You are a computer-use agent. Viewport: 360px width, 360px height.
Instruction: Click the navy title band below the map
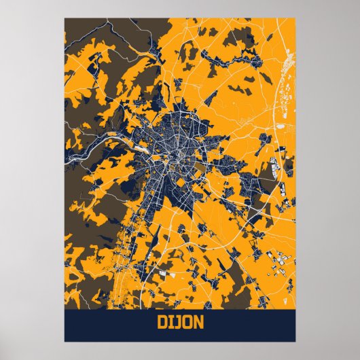102,324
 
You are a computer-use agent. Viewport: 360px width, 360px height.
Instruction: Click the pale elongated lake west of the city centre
139,143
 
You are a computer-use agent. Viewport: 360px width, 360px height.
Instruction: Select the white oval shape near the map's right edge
281,125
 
